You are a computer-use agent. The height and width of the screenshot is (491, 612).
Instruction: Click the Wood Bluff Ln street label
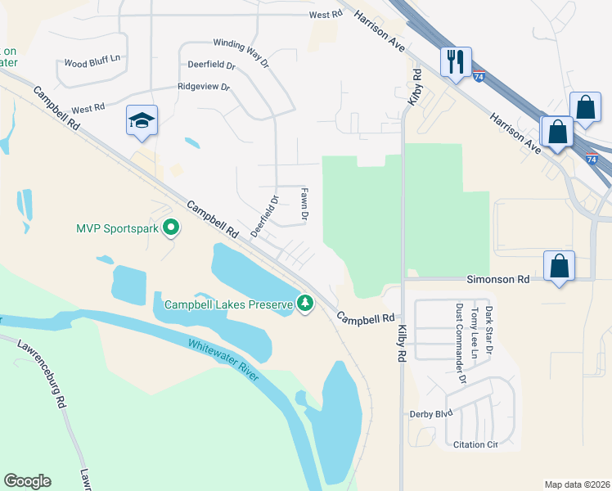coord(92,62)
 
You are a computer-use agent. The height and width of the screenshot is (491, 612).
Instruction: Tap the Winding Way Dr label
coord(241,52)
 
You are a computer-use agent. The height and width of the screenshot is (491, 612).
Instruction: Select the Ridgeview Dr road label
coord(204,87)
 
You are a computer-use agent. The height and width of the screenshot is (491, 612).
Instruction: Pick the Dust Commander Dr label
coord(460,345)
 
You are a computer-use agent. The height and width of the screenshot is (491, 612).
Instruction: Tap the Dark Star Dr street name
coord(488,330)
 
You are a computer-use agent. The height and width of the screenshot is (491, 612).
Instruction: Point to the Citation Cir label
coord(475,445)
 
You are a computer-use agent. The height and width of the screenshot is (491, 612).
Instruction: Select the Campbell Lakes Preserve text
coord(228,305)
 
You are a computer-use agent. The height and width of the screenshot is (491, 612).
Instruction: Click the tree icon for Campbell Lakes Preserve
coord(305,304)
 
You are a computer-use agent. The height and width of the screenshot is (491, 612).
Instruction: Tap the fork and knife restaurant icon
coord(455,61)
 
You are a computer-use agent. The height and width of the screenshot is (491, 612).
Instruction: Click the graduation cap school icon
coord(142,121)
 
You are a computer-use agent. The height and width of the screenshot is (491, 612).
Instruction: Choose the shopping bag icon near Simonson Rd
coord(560,266)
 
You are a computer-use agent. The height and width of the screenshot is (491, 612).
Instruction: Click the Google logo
coord(27,481)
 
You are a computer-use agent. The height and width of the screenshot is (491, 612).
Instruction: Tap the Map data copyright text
coord(578,484)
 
